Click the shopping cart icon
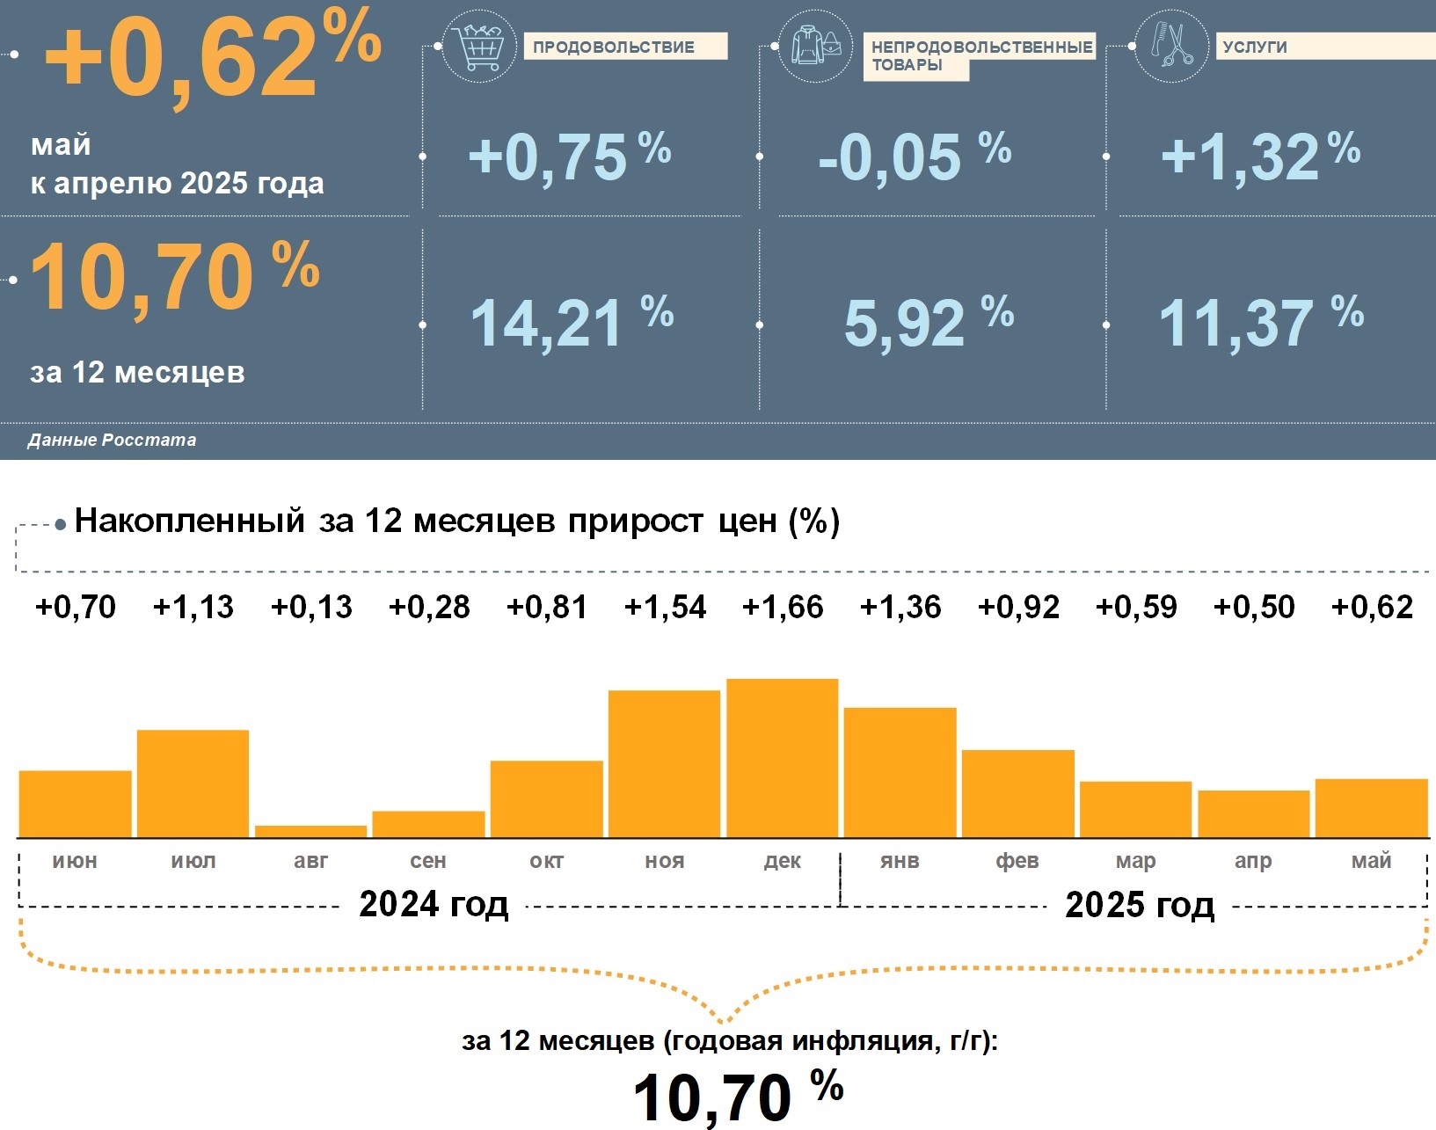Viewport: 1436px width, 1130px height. pos(479,47)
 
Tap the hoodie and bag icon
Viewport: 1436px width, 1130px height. pos(815,47)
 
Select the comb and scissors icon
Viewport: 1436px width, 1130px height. pos(1171,45)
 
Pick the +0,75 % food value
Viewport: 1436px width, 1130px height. pos(569,157)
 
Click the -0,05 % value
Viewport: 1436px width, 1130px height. pos(915,157)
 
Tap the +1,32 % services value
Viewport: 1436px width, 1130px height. pos(1260,157)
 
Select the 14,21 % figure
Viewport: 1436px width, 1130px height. pos(572,323)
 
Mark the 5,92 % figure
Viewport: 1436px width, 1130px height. pos(929,323)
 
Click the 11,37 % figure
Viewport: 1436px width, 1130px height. pos(1260,323)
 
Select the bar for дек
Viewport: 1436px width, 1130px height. pos(782,757)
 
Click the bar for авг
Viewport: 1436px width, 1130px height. pos(310,831)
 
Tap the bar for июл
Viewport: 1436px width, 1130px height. pos(193,783)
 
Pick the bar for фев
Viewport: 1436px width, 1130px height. pos(1017,793)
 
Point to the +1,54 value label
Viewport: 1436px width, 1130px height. pos(665,607)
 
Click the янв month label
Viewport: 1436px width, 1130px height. pos(900,861)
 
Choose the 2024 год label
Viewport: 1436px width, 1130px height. pos(434,904)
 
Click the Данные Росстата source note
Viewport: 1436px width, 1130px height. pos(112,440)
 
